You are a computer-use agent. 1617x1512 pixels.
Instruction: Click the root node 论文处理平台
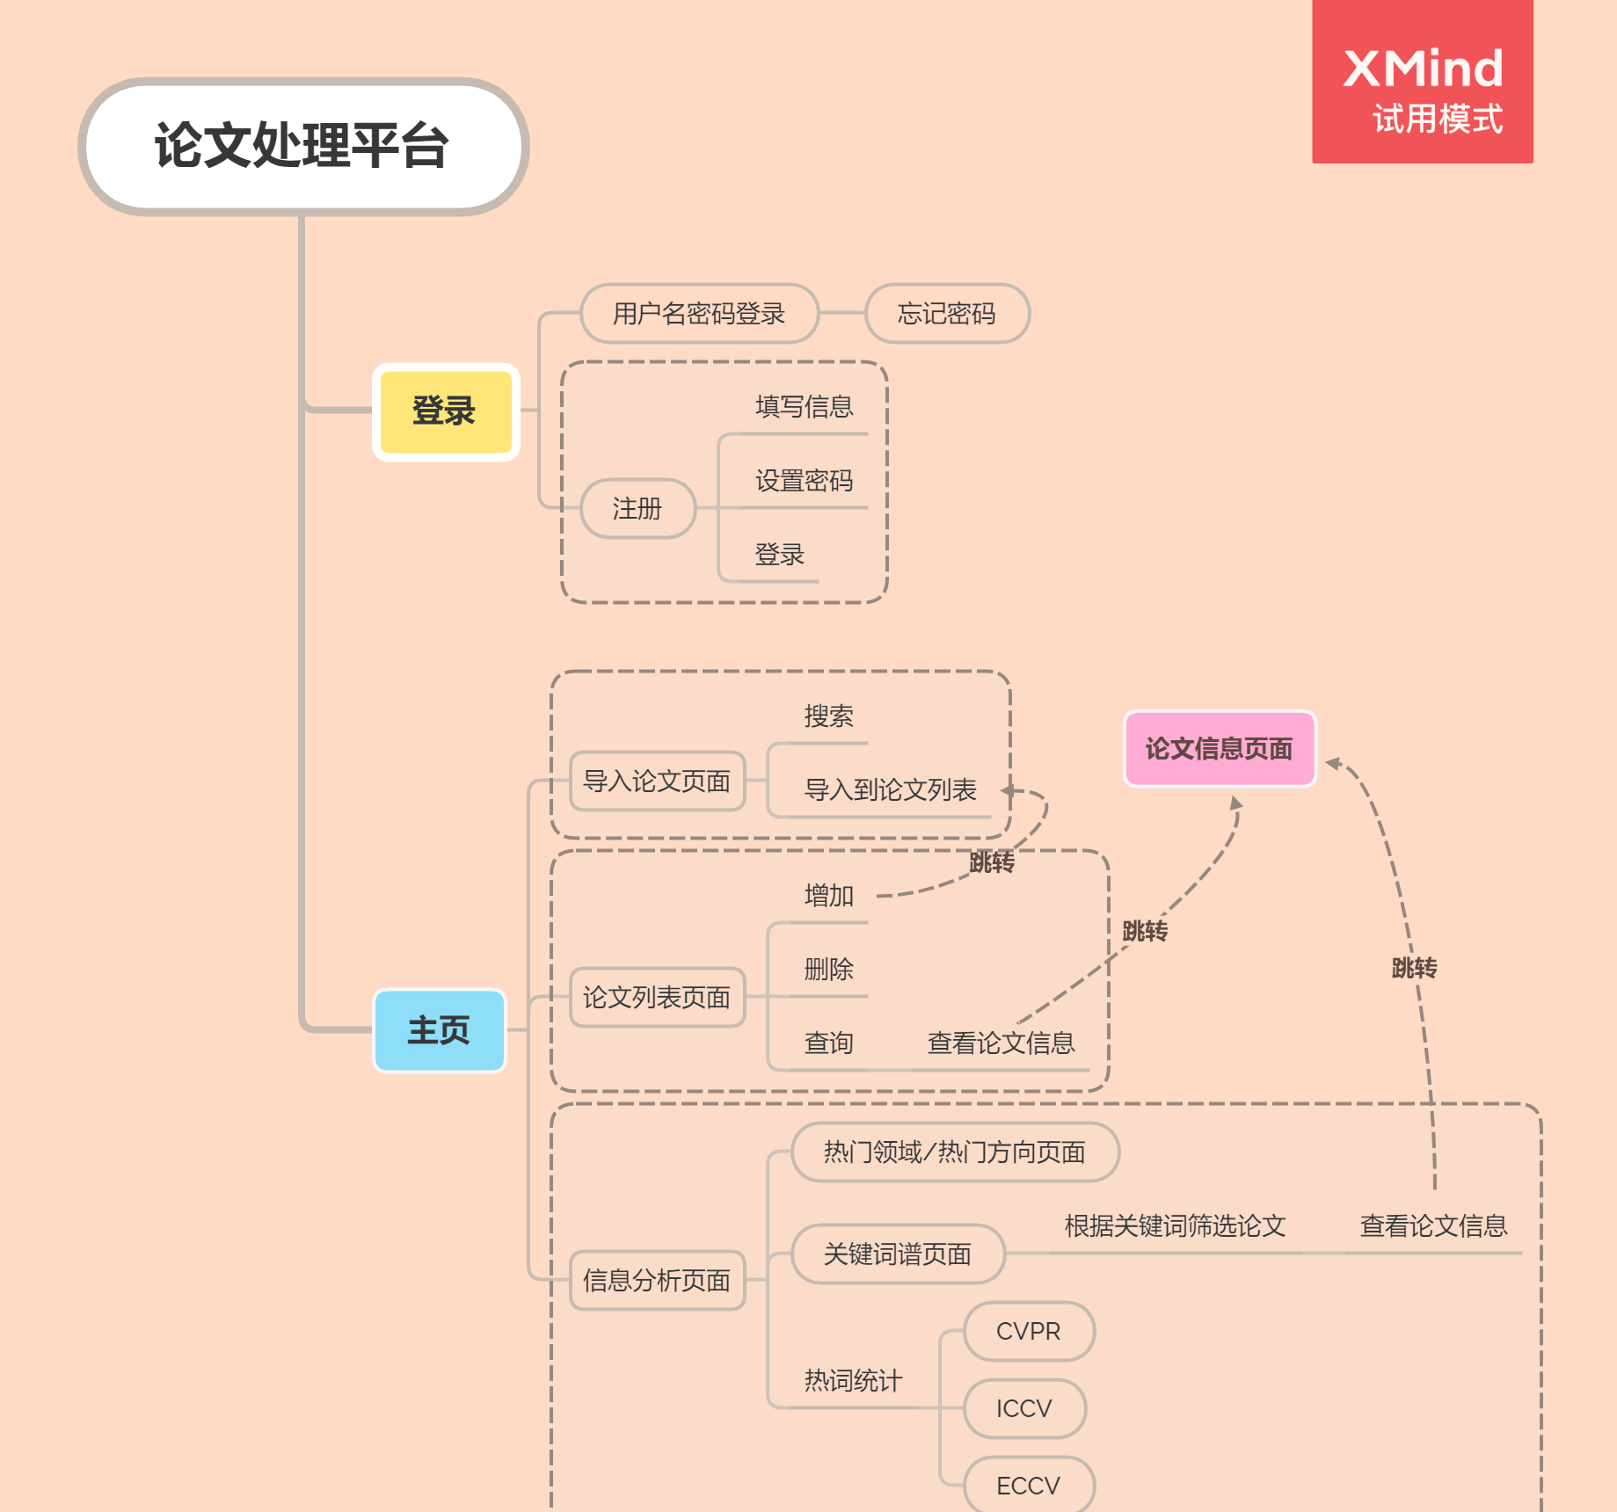[303, 146]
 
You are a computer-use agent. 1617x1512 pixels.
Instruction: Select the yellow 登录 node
[446, 411]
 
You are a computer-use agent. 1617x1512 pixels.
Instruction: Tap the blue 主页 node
[440, 1030]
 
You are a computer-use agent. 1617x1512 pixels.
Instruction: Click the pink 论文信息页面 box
[1220, 749]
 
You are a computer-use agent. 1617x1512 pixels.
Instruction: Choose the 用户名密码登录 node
[699, 313]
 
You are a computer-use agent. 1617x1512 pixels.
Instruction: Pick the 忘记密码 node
[947, 313]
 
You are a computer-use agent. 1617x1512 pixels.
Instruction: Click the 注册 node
[637, 508]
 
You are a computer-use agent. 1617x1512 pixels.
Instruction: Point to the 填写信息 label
[805, 406]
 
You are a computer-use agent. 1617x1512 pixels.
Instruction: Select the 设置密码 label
[805, 480]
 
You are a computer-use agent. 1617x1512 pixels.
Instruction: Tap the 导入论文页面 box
[657, 781]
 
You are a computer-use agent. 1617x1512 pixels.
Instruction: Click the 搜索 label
[828, 716]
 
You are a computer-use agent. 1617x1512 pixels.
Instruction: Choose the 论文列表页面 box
[657, 997]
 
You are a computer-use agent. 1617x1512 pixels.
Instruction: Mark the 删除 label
[828, 969]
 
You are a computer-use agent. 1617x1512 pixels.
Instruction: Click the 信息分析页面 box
[657, 1280]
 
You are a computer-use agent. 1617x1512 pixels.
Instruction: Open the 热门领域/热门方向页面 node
[955, 1152]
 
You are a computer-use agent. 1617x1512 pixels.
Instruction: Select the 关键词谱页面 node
[898, 1254]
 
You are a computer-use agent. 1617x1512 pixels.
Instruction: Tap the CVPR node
[1029, 1331]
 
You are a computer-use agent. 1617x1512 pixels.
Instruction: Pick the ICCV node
[1024, 1408]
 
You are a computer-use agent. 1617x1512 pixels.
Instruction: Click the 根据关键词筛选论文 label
[1176, 1225]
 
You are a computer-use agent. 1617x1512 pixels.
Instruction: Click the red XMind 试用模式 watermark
[1423, 82]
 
